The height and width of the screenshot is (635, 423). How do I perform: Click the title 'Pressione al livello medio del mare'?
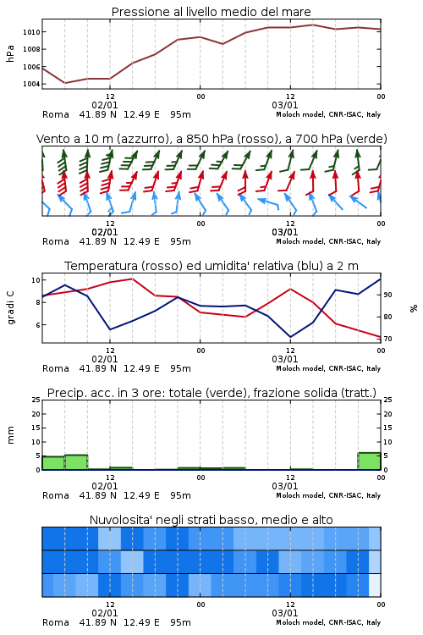(x=211, y=12)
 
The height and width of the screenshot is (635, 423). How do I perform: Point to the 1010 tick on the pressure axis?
(x=31, y=32)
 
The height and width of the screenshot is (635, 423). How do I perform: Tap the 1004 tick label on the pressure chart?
(x=31, y=84)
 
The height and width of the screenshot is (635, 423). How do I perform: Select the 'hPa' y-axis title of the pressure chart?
(x=10, y=53)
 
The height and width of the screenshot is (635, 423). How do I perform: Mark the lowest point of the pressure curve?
(x=65, y=83)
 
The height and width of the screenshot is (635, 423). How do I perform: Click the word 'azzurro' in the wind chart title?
(x=142, y=139)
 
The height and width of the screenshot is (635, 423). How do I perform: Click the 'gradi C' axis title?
(x=10, y=307)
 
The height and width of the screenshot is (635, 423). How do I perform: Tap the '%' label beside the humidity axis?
(x=414, y=308)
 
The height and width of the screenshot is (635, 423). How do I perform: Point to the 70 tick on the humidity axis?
(x=387, y=339)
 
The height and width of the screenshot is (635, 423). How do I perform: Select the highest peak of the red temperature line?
(x=132, y=279)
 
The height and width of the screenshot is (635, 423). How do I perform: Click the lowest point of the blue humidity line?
(x=290, y=337)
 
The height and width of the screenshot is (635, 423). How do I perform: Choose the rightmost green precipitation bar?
(x=369, y=461)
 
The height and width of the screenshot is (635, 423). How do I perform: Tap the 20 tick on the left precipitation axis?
(x=36, y=414)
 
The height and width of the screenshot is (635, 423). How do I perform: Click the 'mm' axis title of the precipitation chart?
(x=10, y=435)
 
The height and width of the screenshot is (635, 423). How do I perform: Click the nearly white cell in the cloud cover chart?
(x=375, y=585)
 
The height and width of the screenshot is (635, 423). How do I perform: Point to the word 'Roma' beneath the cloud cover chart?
(x=56, y=622)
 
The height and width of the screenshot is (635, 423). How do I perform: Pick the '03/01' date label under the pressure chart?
(x=284, y=105)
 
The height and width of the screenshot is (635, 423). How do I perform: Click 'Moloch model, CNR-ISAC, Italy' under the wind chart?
(x=328, y=241)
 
